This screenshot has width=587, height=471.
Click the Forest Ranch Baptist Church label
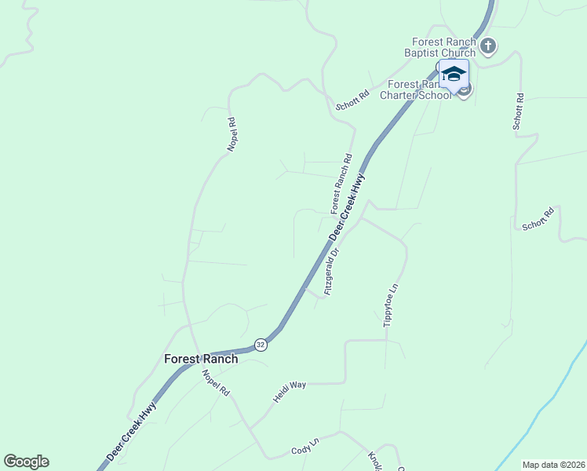(x=443, y=47)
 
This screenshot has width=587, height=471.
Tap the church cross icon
(x=488, y=46)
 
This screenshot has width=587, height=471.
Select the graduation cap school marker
(x=454, y=75)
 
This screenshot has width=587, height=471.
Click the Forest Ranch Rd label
(x=341, y=184)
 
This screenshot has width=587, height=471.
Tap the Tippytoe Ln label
(x=390, y=305)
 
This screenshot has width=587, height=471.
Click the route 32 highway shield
(x=261, y=345)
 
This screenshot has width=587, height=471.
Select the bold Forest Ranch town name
(x=201, y=359)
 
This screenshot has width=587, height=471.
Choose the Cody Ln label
(x=305, y=447)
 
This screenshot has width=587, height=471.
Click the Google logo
(x=26, y=461)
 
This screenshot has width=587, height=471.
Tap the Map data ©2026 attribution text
(x=553, y=465)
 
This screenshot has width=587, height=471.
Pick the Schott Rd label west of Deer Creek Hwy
(x=352, y=100)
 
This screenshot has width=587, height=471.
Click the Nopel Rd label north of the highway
(x=232, y=134)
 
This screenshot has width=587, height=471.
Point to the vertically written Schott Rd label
(x=518, y=111)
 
